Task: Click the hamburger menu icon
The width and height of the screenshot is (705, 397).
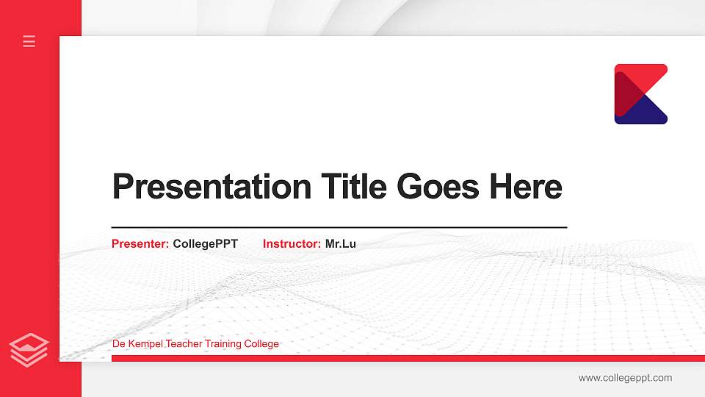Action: pos(29,41)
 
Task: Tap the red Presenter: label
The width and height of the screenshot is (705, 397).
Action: pos(140,243)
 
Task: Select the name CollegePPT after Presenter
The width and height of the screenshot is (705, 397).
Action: pos(206,243)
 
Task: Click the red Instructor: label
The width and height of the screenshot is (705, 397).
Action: pos(292,243)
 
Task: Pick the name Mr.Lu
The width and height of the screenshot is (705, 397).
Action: pos(341,243)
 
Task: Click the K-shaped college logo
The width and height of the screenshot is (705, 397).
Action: pos(640,94)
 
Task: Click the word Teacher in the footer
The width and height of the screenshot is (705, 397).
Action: pos(184,344)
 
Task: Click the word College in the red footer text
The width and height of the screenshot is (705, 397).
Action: pos(262,344)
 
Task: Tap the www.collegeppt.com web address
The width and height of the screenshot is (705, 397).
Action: pos(625,378)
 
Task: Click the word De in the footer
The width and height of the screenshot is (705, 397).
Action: pos(118,344)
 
